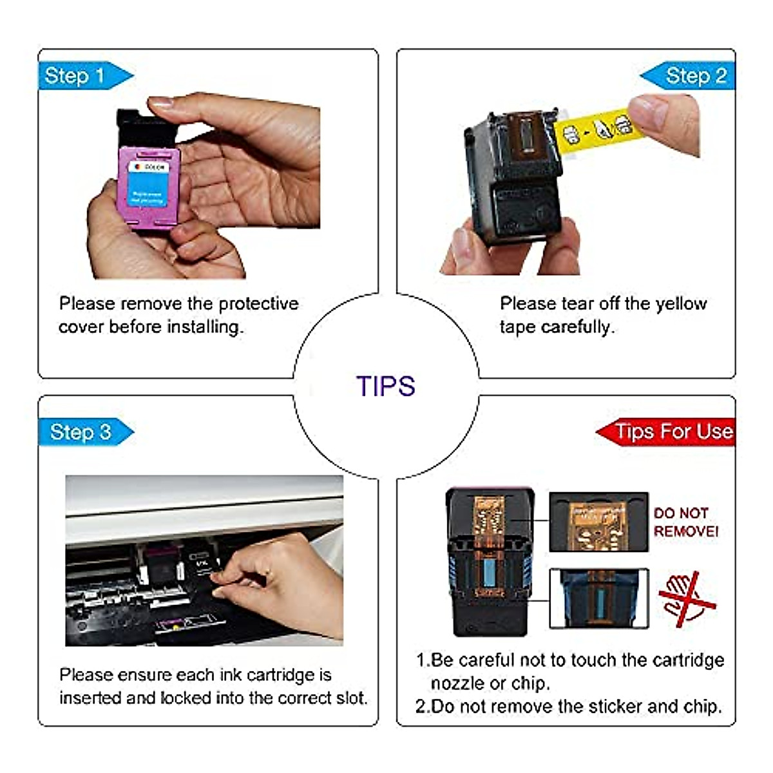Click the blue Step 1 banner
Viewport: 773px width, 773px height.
pos(81,76)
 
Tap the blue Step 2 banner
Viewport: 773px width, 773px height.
pos(689,76)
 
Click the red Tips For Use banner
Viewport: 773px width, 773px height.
pos(670,432)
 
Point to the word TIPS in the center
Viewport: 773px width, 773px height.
pos(386,386)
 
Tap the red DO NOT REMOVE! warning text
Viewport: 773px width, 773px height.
pos(685,522)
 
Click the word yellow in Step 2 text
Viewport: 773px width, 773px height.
pos(680,303)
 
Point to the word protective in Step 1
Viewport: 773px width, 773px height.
pos(258,303)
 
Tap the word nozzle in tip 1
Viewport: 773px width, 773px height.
pos(457,683)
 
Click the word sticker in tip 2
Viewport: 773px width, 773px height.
pos(599,707)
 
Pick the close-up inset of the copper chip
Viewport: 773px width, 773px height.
pos(598,522)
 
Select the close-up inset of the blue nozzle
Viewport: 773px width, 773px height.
pos(598,599)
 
